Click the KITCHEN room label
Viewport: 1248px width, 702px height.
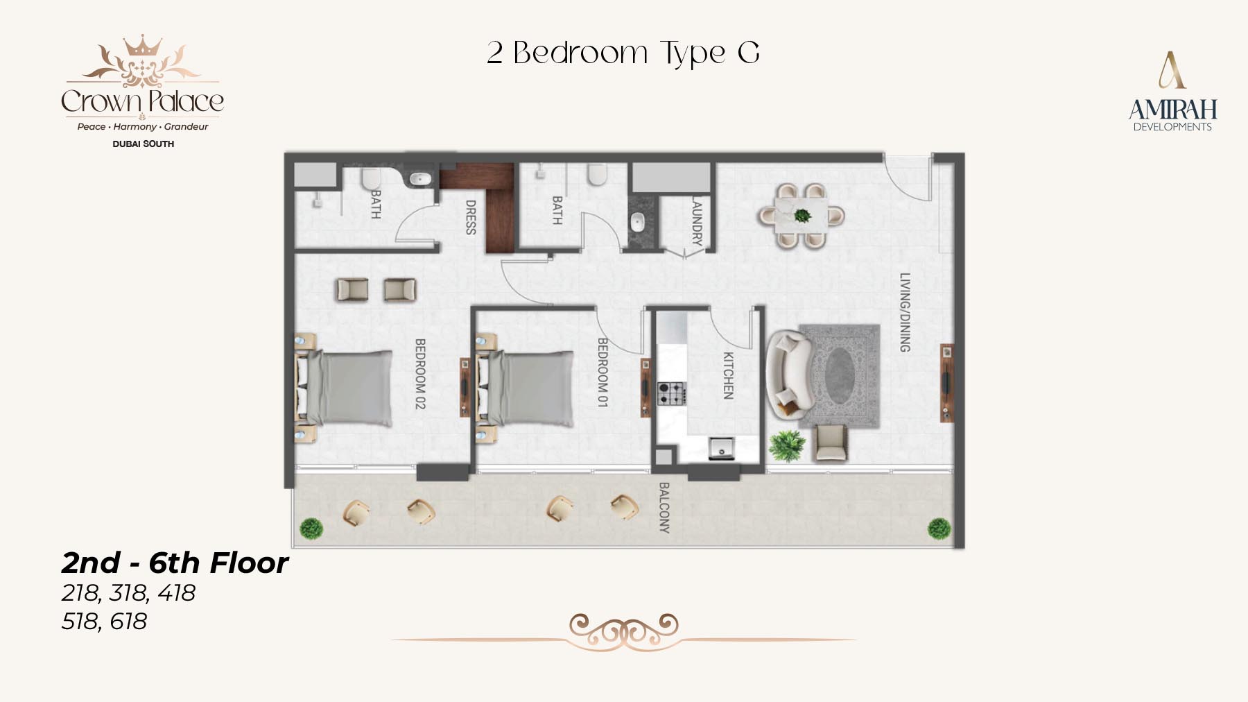click(x=728, y=376)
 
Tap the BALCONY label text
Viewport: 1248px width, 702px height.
click(x=664, y=508)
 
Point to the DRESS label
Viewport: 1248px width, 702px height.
click(x=470, y=217)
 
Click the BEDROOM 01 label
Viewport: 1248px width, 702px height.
click(x=603, y=373)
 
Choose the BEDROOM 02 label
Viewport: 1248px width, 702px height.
click(x=419, y=373)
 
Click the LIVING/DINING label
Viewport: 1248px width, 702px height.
click(x=905, y=312)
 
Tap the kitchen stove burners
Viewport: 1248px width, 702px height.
click(x=671, y=393)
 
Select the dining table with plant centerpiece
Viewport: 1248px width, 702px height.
click(x=801, y=216)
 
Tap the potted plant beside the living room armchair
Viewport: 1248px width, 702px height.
click(x=787, y=445)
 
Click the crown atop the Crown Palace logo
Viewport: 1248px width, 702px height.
click(x=142, y=46)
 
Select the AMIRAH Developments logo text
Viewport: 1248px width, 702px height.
click(x=1172, y=115)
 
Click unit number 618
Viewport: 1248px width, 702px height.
click(x=128, y=622)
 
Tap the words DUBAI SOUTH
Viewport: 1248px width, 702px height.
click(x=143, y=144)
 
